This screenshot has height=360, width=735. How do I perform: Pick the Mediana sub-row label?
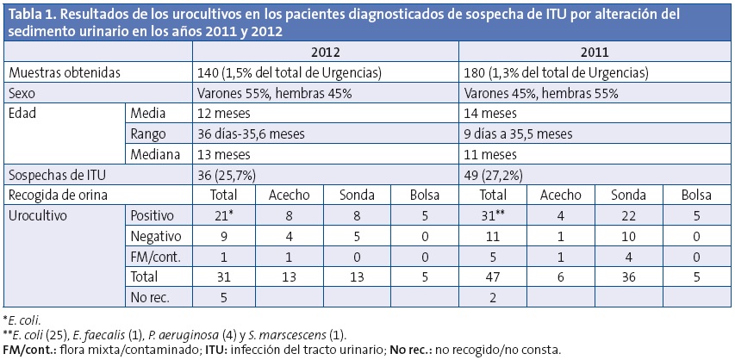click(155, 154)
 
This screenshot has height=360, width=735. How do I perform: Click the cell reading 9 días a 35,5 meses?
click(518, 133)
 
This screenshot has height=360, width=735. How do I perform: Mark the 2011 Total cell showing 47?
click(495, 276)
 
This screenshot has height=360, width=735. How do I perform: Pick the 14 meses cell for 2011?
click(489, 114)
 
